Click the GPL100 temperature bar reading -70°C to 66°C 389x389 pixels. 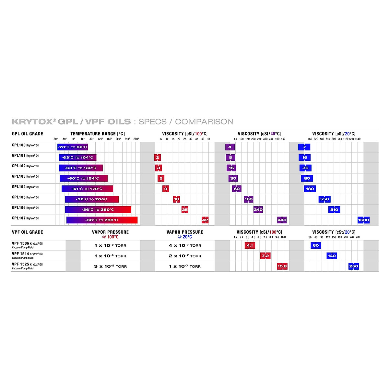click(73, 147)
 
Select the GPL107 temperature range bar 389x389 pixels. click(102, 220)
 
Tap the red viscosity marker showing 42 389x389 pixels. click(205, 220)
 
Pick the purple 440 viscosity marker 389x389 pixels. click(282, 220)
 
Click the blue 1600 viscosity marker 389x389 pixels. click(363, 220)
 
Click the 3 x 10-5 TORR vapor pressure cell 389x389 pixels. click(110, 266)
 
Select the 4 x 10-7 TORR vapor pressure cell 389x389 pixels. click(185, 246)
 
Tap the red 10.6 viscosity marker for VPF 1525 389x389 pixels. click(282, 266)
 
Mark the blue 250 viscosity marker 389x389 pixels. click(353, 266)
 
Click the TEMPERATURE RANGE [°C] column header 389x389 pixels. click(97, 134)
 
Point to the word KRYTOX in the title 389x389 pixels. click(32, 122)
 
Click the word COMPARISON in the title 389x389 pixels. click(204, 122)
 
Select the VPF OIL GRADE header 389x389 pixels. click(28, 232)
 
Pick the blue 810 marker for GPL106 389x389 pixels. click(334, 210)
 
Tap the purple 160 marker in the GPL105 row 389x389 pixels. click(249, 199)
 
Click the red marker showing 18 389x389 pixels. click(176, 199)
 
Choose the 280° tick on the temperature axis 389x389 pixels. click(136, 139)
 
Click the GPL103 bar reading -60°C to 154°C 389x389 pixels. click(83, 179)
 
